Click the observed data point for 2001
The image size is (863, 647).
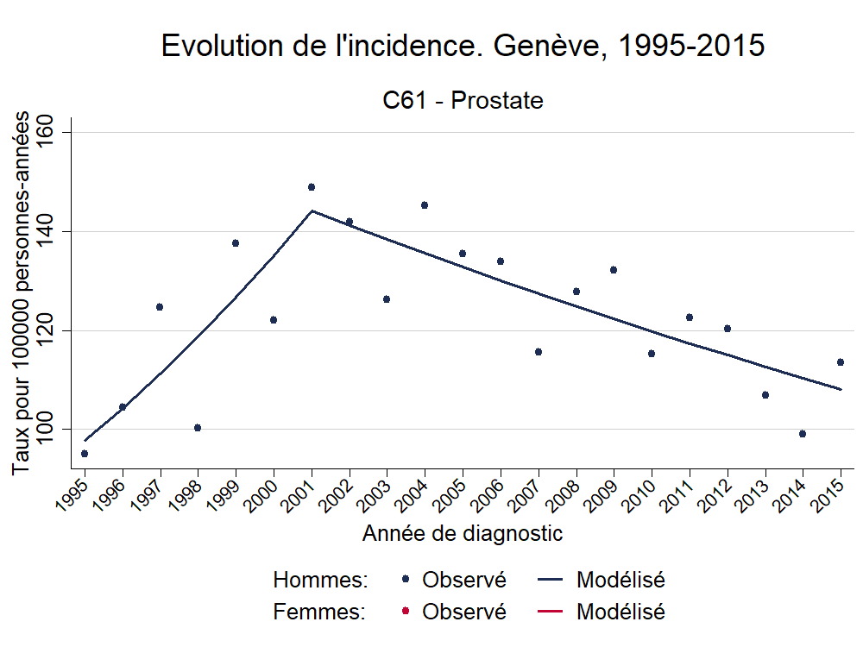(x=312, y=187)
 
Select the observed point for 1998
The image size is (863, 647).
(x=198, y=428)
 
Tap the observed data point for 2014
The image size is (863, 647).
(x=803, y=434)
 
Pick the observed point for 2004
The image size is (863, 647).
(x=425, y=205)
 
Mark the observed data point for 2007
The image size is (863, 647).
(x=539, y=352)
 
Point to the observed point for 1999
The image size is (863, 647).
(x=236, y=243)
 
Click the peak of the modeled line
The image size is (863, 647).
(x=312, y=210)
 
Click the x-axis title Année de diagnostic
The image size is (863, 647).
(x=463, y=534)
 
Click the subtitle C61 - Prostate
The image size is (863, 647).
(x=463, y=101)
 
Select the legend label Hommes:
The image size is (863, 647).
(x=320, y=580)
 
